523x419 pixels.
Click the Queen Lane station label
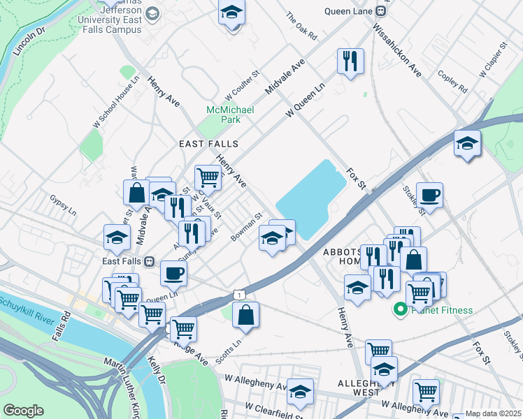click(x=349, y=10)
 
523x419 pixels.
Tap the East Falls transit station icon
click(x=150, y=262)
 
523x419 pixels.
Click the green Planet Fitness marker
click(x=401, y=309)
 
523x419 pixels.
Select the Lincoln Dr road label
click(x=29, y=43)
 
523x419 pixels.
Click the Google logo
click(x=23, y=411)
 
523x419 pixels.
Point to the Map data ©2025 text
click(x=493, y=413)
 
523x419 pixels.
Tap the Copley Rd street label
click(x=452, y=81)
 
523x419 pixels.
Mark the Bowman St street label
click(x=247, y=228)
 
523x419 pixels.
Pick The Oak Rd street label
click(x=302, y=25)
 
